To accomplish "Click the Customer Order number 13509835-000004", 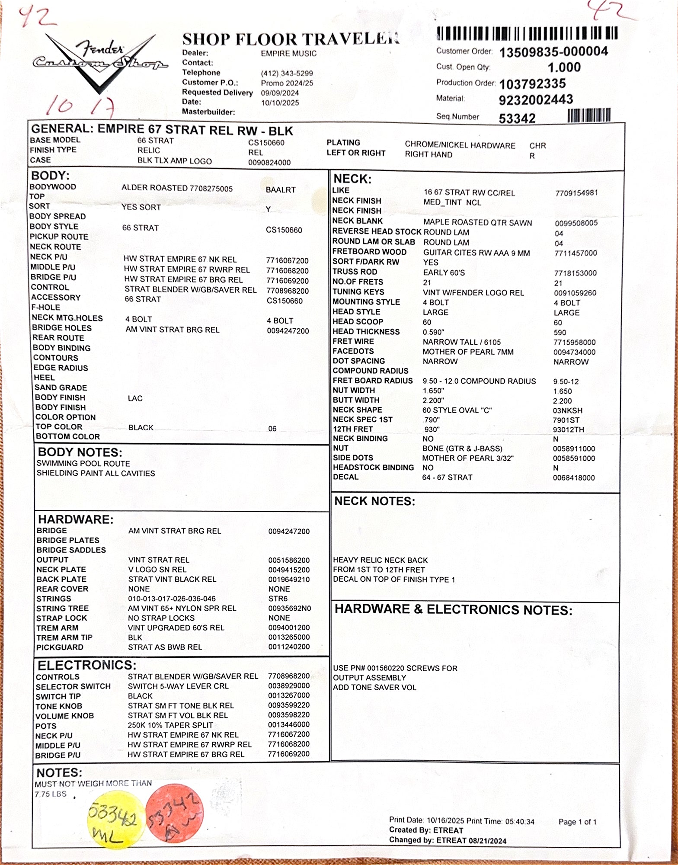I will click(x=553, y=52).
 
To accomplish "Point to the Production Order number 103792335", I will click(x=532, y=83).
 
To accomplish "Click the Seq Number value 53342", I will click(x=517, y=118).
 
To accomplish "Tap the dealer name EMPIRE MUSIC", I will click(x=288, y=54).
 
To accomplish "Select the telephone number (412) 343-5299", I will click(x=287, y=74).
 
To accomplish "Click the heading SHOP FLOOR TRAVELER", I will click(x=290, y=40).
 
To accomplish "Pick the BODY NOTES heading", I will click(x=80, y=452).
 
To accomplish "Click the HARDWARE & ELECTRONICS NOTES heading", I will click(x=453, y=610).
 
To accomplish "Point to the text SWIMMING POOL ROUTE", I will click(x=83, y=463).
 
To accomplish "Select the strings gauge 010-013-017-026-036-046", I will click(x=172, y=599).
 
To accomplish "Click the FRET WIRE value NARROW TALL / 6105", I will click(x=461, y=342).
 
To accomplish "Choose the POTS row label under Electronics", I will click(x=46, y=726).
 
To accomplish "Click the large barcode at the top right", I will click(x=527, y=33).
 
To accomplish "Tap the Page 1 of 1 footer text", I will click(x=577, y=822).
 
